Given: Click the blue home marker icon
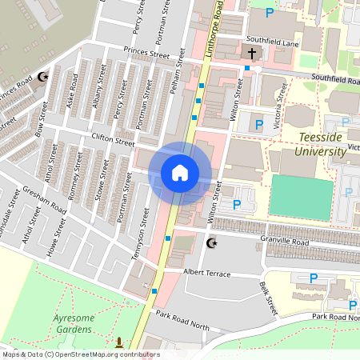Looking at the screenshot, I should (x=179, y=173).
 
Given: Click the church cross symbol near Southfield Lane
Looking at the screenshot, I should (x=252, y=54).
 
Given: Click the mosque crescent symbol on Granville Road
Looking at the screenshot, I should (x=212, y=242).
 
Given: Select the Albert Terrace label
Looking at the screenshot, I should (x=206, y=274).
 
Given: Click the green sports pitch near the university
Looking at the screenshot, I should (x=302, y=196).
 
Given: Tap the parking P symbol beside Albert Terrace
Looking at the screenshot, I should (x=313, y=278).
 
